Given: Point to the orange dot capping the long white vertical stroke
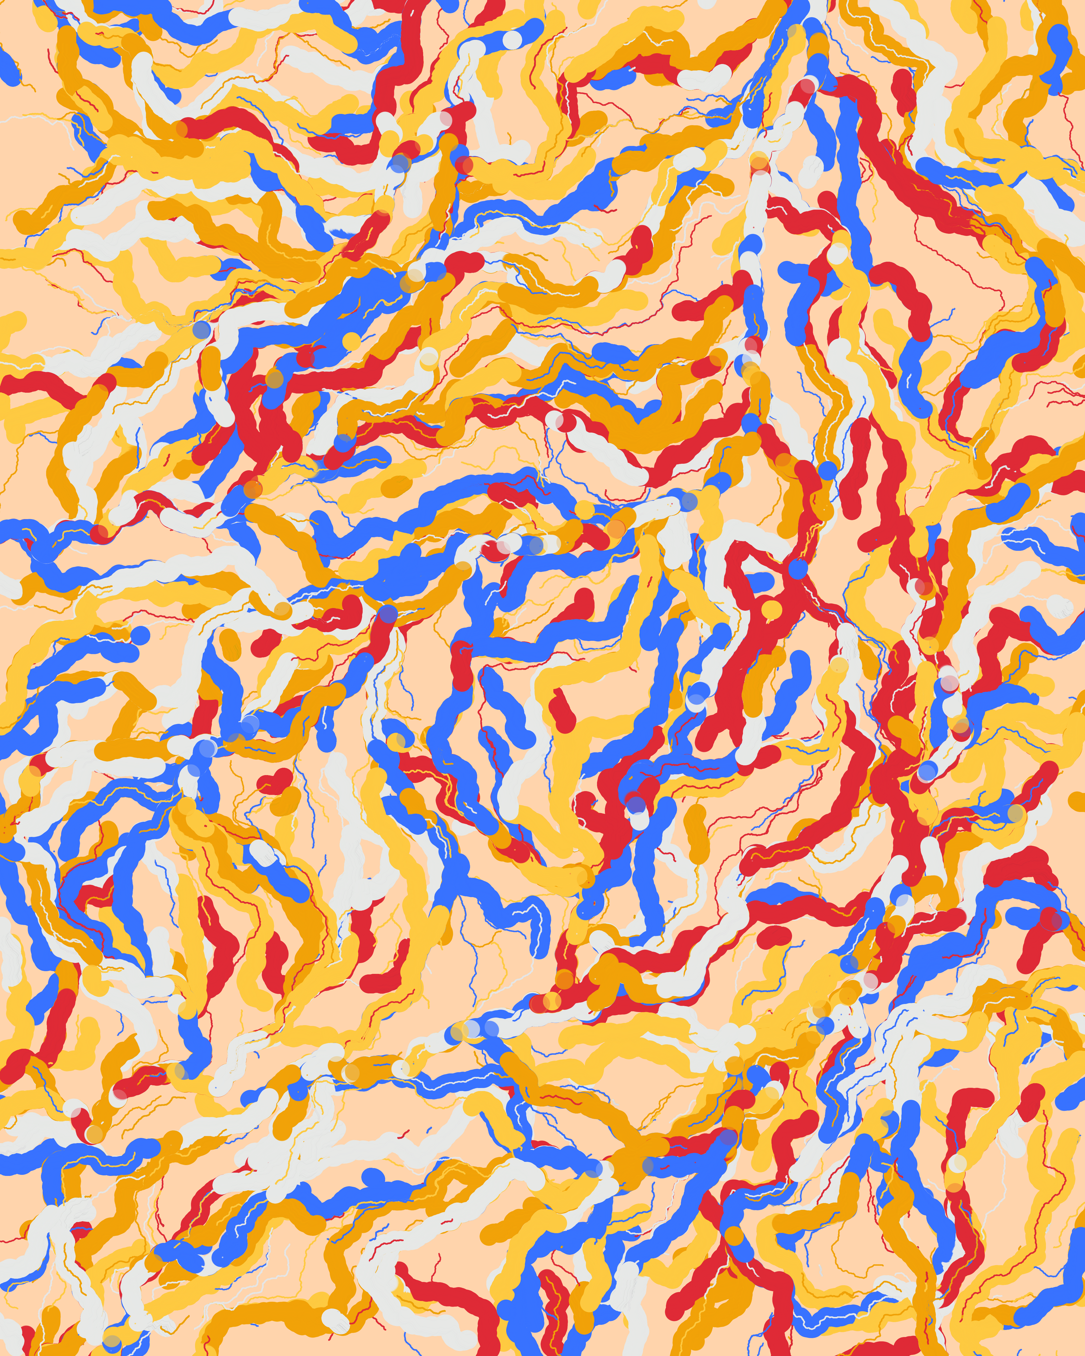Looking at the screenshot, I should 759,162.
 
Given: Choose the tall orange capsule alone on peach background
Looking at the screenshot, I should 697,833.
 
